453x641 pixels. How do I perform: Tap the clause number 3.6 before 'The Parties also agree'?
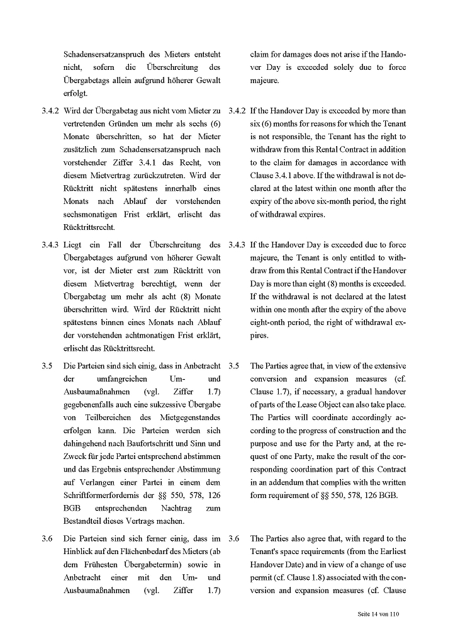(234, 539)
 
